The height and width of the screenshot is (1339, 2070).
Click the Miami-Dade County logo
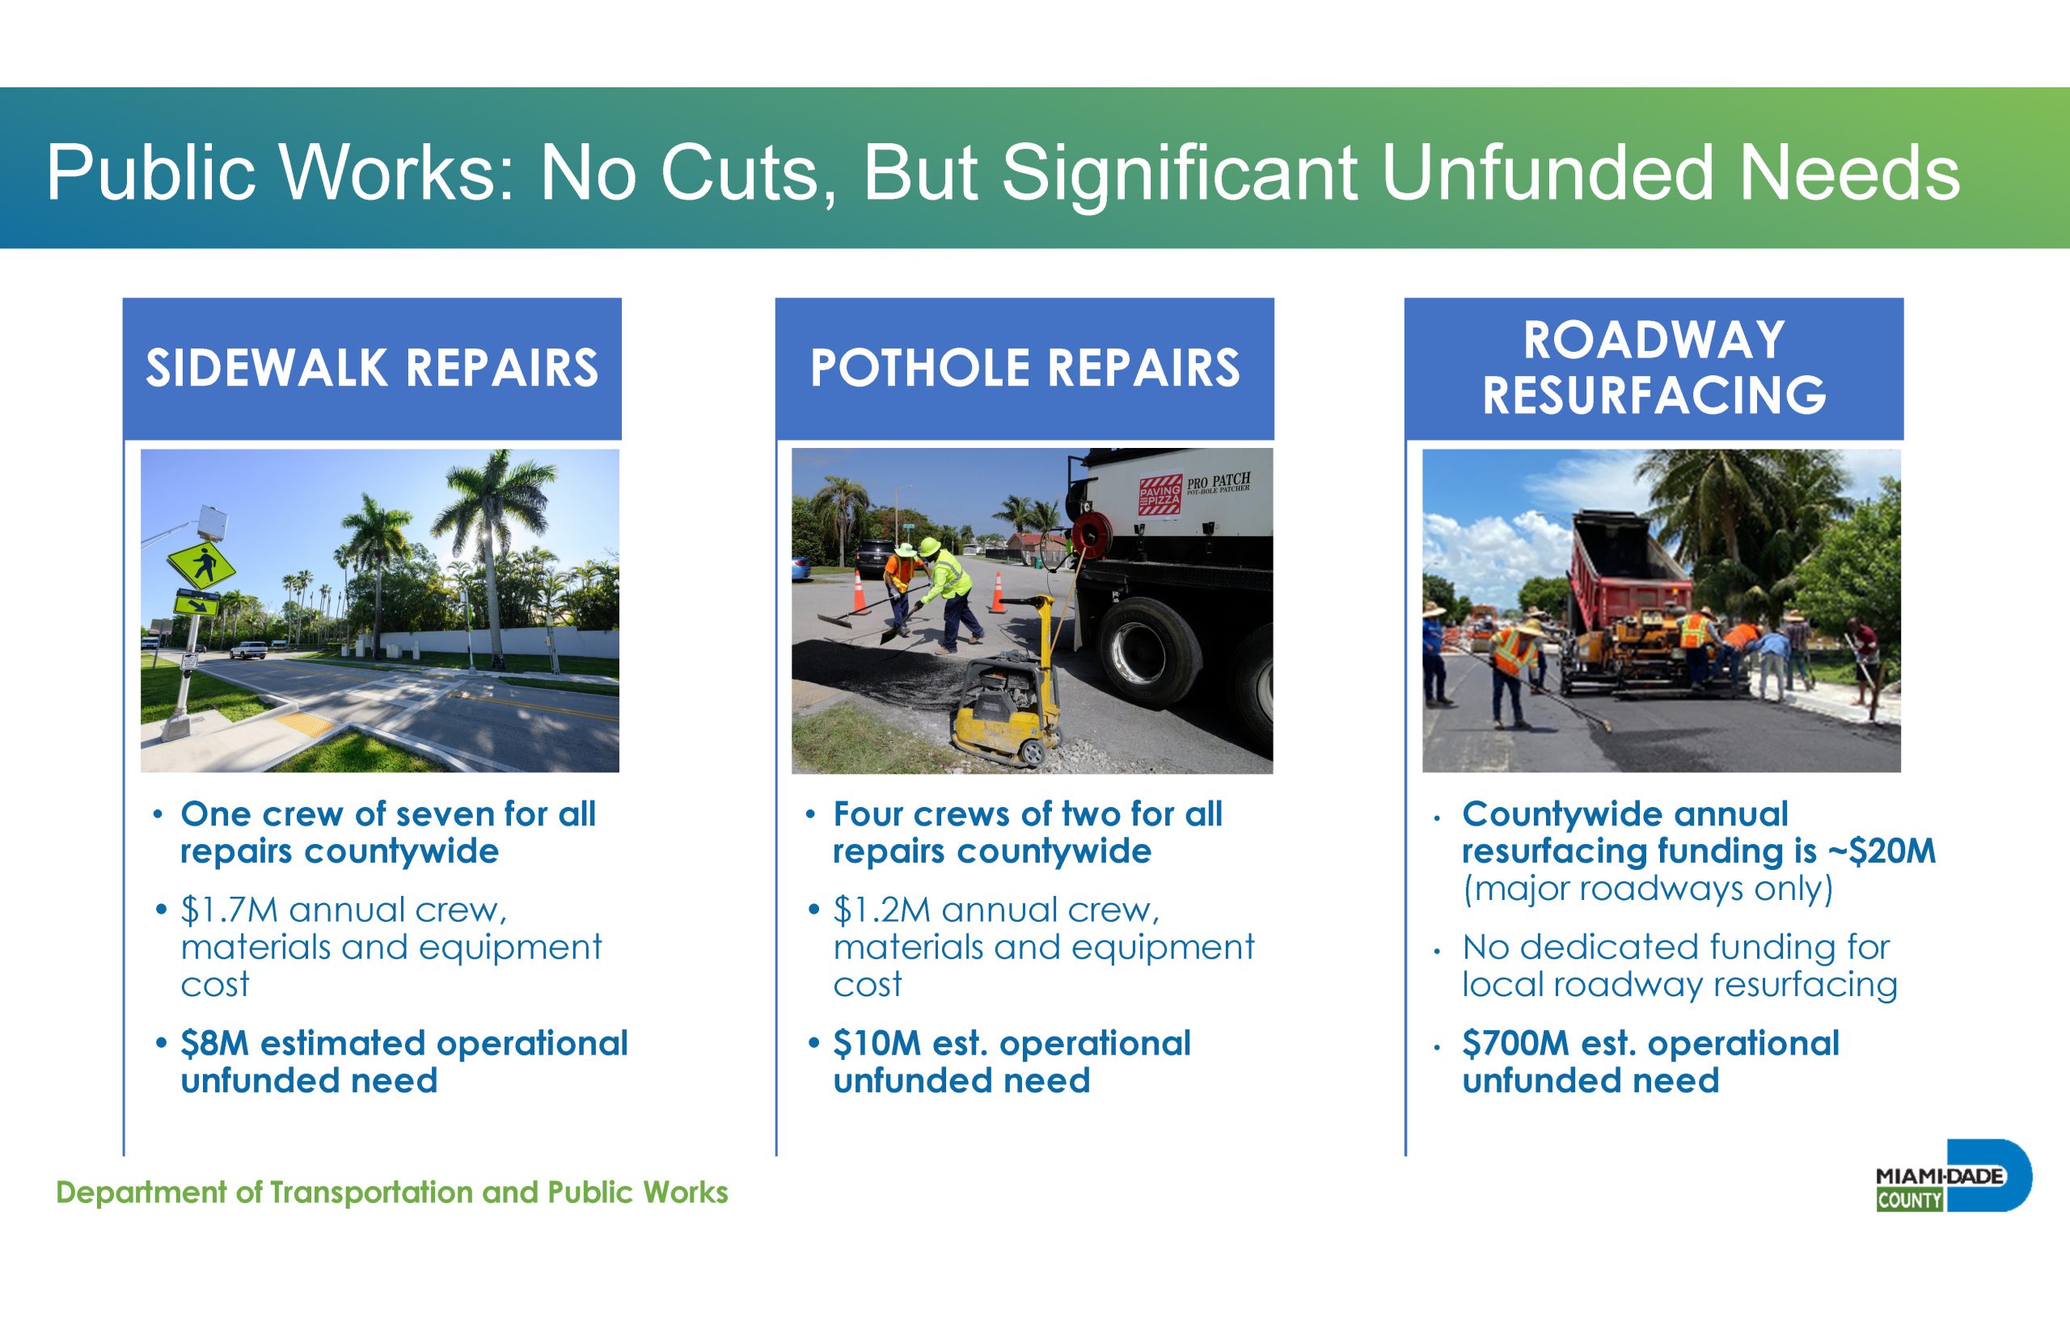(x=1954, y=1176)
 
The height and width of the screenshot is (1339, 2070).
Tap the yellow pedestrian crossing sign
(x=201, y=564)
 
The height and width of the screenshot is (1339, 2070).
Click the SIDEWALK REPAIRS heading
(x=372, y=368)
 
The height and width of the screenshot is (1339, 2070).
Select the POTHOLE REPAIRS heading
(x=1025, y=368)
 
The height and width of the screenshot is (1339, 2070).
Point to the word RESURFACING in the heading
(x=1654, y=395)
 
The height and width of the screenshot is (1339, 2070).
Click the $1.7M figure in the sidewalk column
(x=230, y=910)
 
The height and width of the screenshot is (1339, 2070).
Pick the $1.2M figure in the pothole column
(x=881, y=910)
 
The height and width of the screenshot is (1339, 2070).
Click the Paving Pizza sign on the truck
(x=1160, y=496)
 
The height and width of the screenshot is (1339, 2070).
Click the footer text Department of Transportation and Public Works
(x=392, y=1192)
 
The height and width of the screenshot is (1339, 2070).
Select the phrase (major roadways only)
(x=1647, y=889)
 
